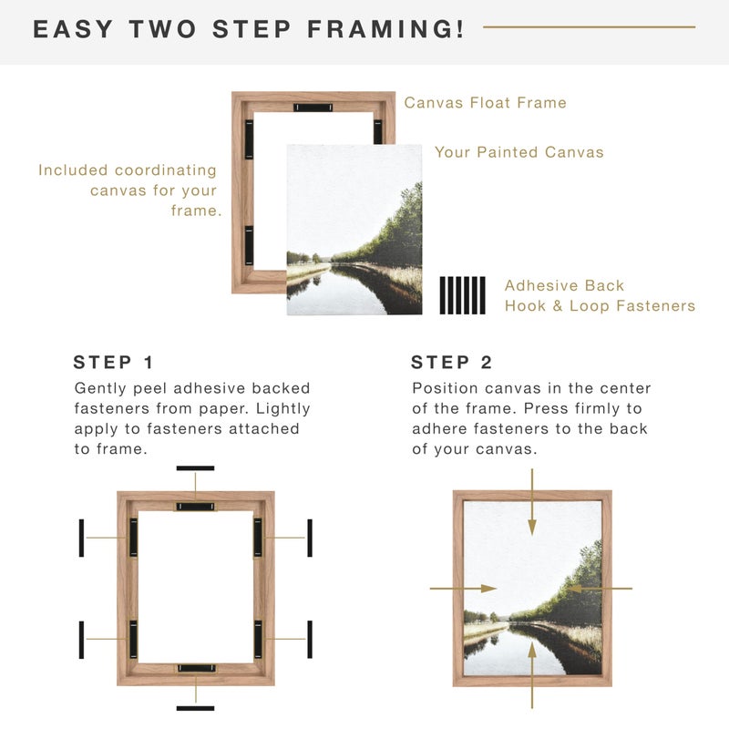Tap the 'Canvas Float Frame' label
(485, 103)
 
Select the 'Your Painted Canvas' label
(519, 152)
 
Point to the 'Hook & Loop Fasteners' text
(600, 306)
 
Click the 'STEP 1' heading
(116, 363)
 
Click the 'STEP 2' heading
(452, 363)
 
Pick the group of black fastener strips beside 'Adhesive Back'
(463, 295)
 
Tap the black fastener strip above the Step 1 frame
(195, 468)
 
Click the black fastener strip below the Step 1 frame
(195, 708)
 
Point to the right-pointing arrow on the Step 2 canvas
(463, 589)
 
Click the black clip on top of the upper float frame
(313, 108)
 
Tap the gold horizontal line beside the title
(589, 26)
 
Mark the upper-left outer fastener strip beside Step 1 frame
(81, 538)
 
